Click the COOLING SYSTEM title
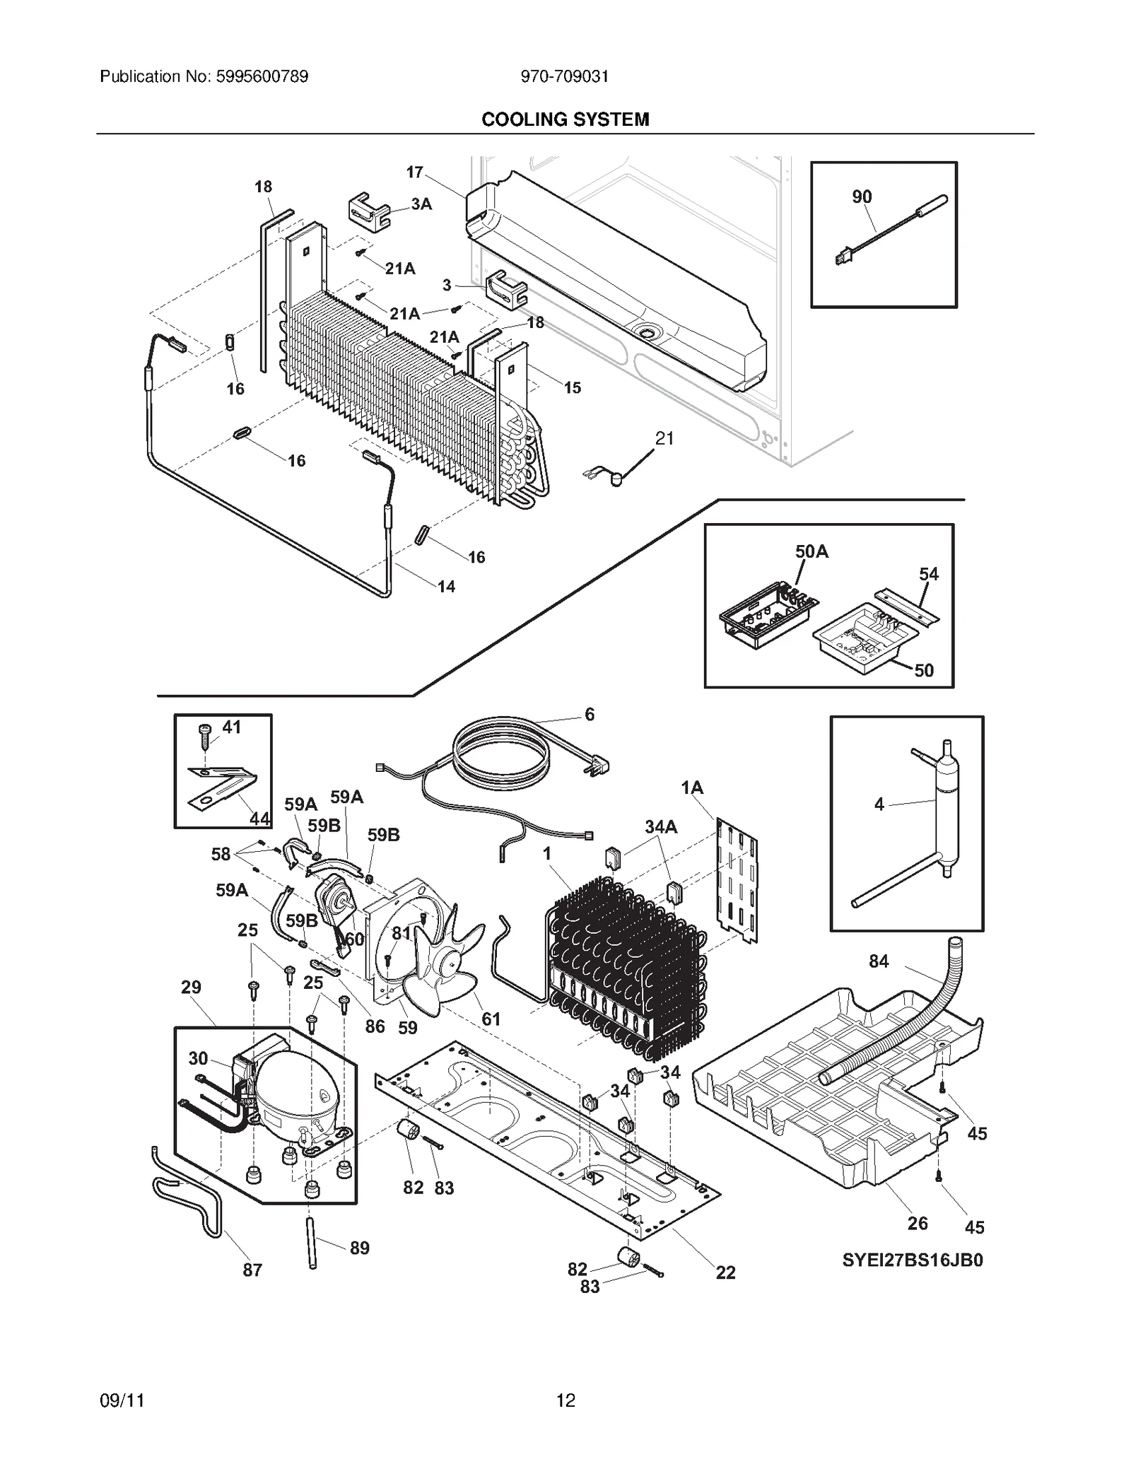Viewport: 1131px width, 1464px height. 565,119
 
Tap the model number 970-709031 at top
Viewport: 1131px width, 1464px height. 564,76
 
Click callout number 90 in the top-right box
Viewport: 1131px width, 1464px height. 862,197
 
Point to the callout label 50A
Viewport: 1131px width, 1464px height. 811,551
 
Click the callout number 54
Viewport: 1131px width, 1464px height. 928,574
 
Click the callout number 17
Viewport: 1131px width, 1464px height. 414,172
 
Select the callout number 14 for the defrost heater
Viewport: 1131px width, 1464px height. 446,587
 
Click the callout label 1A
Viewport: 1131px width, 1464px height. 692,788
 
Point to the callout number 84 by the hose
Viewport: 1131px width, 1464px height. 879,961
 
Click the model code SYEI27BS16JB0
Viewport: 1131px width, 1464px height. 912,1260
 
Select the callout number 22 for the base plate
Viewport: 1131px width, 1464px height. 725,1272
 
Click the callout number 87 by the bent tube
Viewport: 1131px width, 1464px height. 252,1270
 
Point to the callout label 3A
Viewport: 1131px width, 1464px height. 421,204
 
